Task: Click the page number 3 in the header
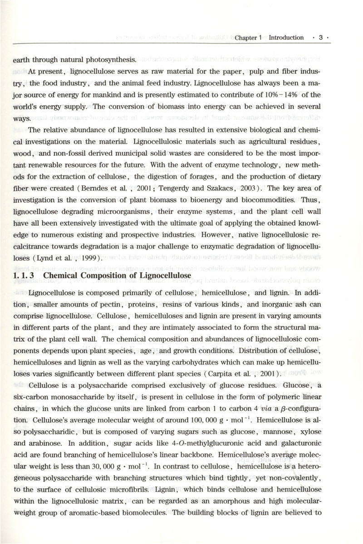point(320,38)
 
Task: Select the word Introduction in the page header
point(286,38)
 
